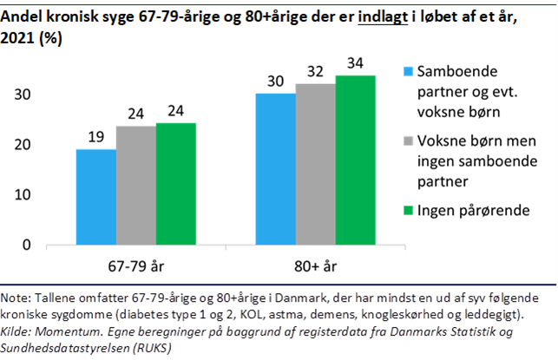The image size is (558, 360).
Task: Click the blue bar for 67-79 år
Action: click(x=95, y=197)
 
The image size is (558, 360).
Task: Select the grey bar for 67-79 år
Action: click(x=136, y=186)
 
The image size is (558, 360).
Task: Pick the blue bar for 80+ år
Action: click(x=274, y=168)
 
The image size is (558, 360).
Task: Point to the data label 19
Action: click(x=96, y=136)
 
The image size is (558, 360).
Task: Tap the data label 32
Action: click(x=315, y=70)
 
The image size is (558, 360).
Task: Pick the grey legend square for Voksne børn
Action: click(x=409, y=140)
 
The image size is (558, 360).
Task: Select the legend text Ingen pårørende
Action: click(x=474, y=208)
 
